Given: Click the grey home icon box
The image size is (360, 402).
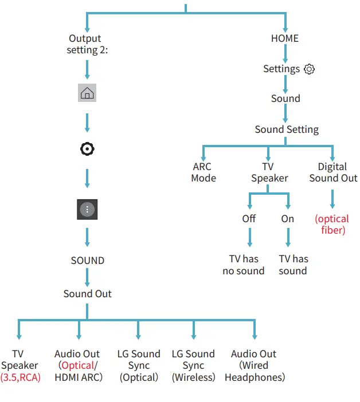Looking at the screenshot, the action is pos(87,93).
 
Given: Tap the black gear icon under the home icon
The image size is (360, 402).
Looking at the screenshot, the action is pos(87,149).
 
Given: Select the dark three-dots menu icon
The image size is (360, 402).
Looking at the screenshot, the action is pos(87,209).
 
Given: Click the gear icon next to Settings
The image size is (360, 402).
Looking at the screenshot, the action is pos(309,69).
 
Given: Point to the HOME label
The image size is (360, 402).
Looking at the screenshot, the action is pos(285,38).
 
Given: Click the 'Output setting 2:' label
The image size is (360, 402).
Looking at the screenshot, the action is pos(87,44).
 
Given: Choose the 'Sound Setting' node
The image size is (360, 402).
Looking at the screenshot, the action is pos(287,129).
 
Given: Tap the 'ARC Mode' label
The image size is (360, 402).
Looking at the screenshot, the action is pos(204,172).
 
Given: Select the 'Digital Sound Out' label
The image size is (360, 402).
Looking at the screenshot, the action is pos(333,172).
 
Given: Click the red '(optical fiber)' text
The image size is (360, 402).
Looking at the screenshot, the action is pos(332,224).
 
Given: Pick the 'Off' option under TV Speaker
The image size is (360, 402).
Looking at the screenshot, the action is pos(249,219).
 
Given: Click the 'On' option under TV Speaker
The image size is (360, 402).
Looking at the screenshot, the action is pos(288,219).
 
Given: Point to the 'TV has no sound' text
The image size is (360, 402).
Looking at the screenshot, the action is pos(244,265).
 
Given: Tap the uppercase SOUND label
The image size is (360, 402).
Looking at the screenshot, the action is pos(88,261).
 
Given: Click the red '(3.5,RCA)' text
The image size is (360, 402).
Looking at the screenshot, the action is pos(21,377).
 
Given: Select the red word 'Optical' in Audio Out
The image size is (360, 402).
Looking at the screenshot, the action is pos(78,365).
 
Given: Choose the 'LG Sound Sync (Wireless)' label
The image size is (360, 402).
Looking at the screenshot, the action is pos(193,365).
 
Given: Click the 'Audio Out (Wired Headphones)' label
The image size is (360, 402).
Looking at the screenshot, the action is pos(255,365).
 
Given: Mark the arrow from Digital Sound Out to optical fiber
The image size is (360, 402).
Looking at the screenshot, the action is pos(332,199).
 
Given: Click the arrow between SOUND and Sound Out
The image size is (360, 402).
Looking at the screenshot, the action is pos(87,277).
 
